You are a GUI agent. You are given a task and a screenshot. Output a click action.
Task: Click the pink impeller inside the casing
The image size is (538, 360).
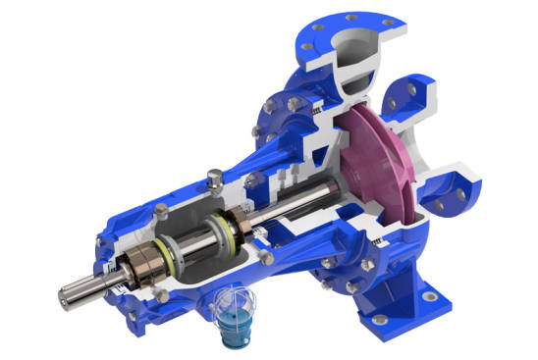pos(378,157)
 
